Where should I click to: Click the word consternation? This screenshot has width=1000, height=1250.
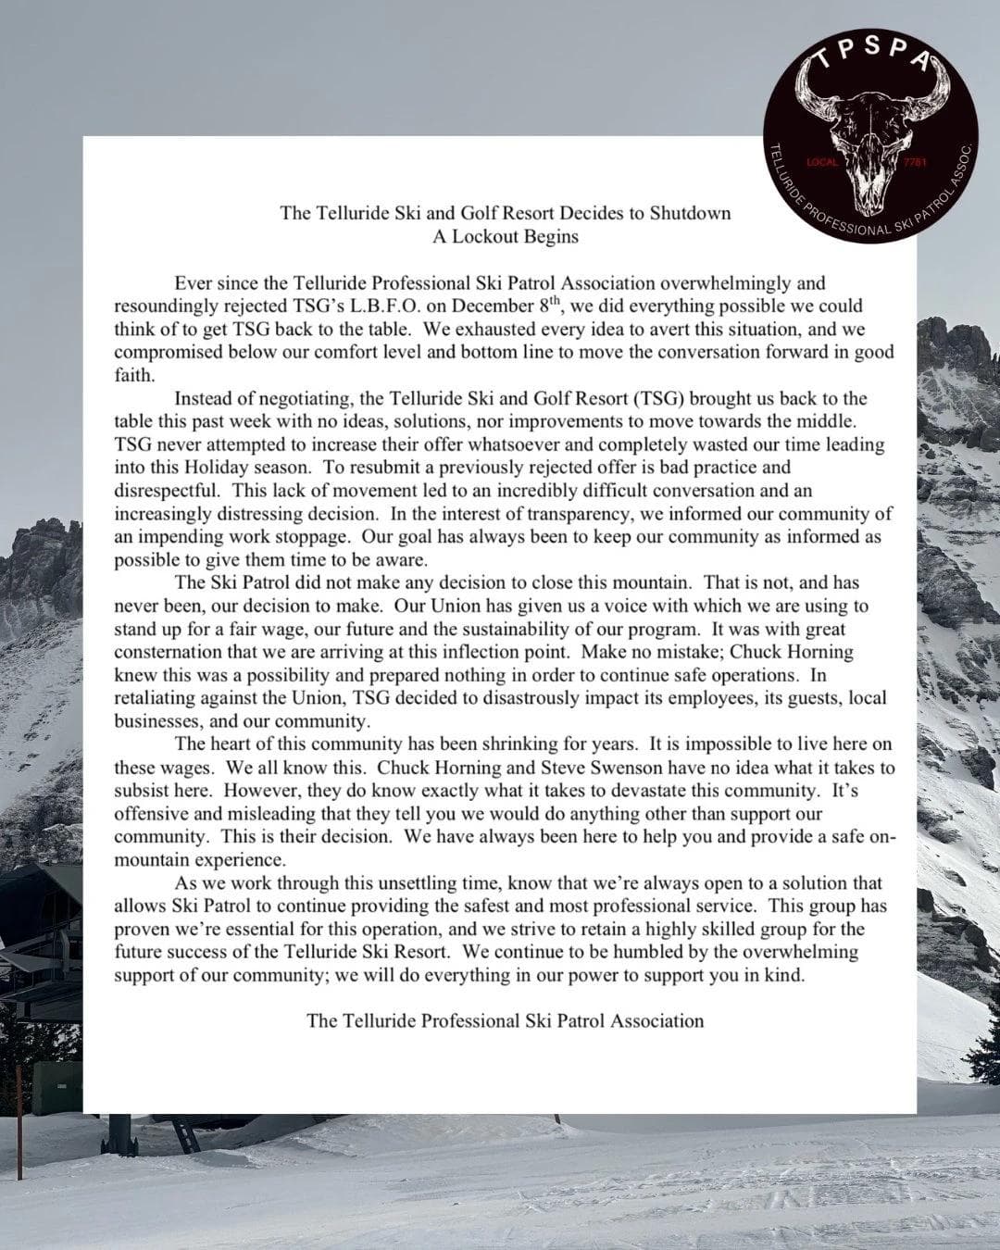click(169, 652)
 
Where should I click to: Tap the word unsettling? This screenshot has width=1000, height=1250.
click(388, 883)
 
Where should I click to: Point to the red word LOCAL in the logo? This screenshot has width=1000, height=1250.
click(823, 163)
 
